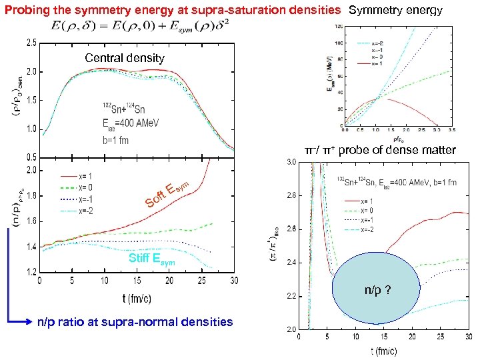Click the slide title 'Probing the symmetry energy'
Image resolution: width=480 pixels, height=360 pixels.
[x=173, y=10]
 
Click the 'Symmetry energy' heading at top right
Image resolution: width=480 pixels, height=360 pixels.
[x=405, y=10]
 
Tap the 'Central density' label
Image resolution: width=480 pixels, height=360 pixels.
[x=125, y=58]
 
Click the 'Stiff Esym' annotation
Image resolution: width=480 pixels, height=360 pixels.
[x=154, y=259]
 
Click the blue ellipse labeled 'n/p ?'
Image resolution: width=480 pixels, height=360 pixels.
[x=377, y=291]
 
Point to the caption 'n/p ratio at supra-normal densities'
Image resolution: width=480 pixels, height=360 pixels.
[x=135, y=322]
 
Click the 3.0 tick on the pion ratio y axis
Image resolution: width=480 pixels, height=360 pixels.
[x=292, y=162]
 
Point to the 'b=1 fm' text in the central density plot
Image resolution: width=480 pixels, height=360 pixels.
[x=117, y=141]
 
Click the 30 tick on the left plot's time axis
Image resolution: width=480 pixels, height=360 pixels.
[x=233, y=281]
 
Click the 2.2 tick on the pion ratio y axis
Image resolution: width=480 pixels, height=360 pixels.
[x=292, y=295]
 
